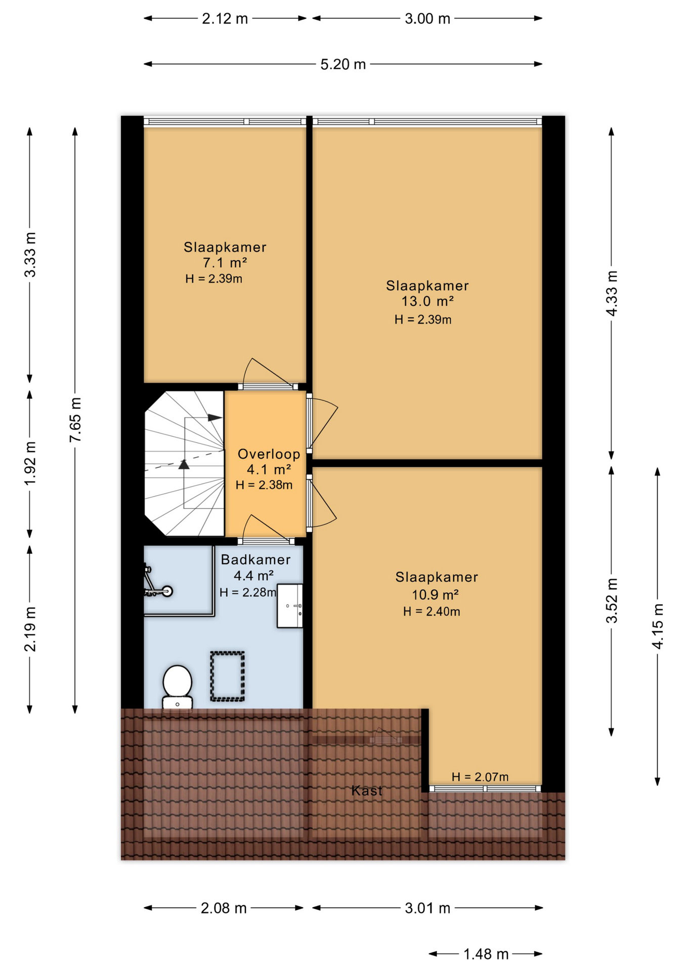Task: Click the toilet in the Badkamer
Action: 177,687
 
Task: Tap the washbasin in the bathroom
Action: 290,606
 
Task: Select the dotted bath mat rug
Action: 228,676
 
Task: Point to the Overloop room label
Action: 269,454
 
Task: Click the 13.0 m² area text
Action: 427,301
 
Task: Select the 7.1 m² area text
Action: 225,263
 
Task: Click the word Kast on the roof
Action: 367,790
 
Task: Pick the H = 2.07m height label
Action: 480,777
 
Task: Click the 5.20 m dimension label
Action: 343,64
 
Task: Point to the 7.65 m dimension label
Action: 75,420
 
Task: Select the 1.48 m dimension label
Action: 486,954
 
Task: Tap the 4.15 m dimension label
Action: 657,626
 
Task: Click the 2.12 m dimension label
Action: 225,19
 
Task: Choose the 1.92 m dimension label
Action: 30,463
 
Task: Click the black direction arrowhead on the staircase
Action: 215,418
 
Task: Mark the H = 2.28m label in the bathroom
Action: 248,592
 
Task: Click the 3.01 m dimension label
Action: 427,908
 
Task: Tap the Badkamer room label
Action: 255,559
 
